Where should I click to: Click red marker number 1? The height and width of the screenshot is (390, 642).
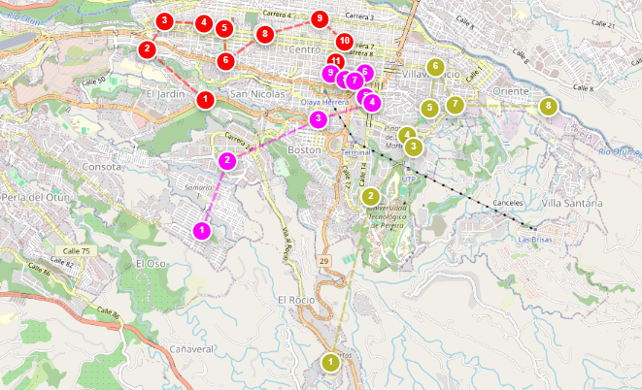pyautogui.click(x=206, y=98)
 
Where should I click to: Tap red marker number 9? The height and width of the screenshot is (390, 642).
pyautogui.click(x=319, y=18)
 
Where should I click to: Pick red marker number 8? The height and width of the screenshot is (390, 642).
pyautogui.click(x=264, y=34)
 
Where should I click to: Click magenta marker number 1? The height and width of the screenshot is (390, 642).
pyautogui.click(x=201, y=230)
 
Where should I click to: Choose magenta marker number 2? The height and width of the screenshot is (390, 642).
pyautogui.click(x=226, y=160)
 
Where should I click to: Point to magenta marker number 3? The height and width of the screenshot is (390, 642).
pyautogui.click(x=317, y=118)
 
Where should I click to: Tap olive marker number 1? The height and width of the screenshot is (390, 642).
pyautogui.click(x=330, y=362)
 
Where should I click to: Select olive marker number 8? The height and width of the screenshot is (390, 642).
pyautogui.click(x=549, y=105)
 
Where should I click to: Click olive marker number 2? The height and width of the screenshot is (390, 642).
pyautogui.click(x=370, y=197)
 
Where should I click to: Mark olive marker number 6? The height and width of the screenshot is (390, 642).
pyautogui.click(x=435, y=67)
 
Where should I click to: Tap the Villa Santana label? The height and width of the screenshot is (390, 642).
pyautogui.click(x=572, y=203)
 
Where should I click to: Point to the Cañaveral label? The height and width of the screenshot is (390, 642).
pyautogui.click(x=190, y=347)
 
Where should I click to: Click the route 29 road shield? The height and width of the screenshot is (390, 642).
pyautogui.click(x=323, y=261)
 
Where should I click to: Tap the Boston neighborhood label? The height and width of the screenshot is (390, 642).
pyautogui.click(x=304, y=151)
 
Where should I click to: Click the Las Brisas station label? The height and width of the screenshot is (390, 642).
pyautogui.click(x=535, y=238)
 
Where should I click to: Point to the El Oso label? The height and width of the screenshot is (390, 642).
pyautogui.click(x=152, y=262)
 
